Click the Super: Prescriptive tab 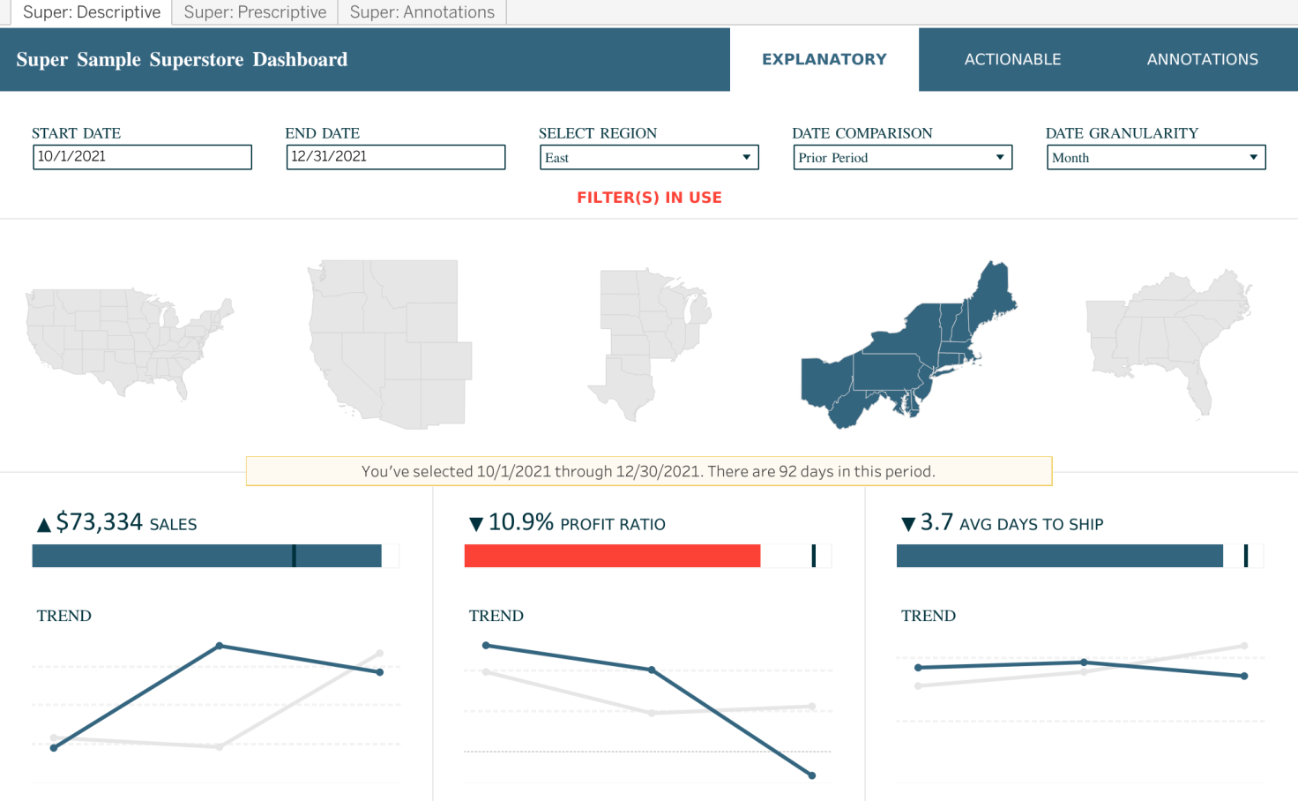point(255,12)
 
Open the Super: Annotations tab point(421,12)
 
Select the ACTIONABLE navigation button point(1012,59)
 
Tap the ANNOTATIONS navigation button point(1202,59)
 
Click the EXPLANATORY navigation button point(824,59)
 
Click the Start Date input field point(142,157)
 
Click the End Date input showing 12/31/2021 point(396,157)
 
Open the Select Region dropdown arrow point(746,157)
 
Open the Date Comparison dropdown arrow point(1000,157)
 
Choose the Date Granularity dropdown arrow point(1253,157)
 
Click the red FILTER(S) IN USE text point(649,198)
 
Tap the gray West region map point(388,344)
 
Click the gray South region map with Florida point(1164,340)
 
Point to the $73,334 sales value point(99,522)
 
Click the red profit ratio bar point(612,556)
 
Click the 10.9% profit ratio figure point(520,522)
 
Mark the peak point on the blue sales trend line point(220,646)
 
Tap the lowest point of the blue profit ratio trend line point(812,775)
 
